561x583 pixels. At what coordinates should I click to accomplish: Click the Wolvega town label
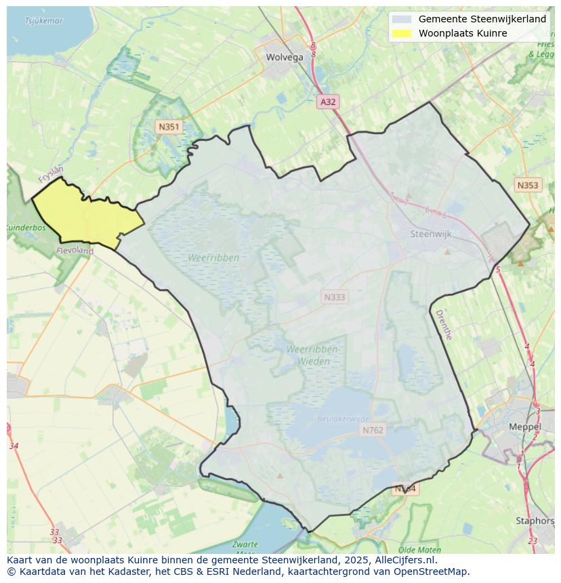285,57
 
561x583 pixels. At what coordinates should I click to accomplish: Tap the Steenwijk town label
430,234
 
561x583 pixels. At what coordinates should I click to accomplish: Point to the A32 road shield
328,102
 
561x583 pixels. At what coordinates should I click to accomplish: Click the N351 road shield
168,127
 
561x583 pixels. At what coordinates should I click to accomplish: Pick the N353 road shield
527,185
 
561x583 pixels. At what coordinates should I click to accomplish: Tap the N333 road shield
335,297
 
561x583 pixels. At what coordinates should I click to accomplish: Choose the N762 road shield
373,430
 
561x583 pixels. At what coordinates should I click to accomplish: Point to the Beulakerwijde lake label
344,419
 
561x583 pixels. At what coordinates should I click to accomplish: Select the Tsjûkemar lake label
43,21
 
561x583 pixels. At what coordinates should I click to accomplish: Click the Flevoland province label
75,251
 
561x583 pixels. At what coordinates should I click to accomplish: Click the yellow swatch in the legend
401,33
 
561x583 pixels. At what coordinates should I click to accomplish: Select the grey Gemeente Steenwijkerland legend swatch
401,19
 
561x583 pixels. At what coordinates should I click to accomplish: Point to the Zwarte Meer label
245,548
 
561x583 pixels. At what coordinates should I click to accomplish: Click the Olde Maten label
419,550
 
